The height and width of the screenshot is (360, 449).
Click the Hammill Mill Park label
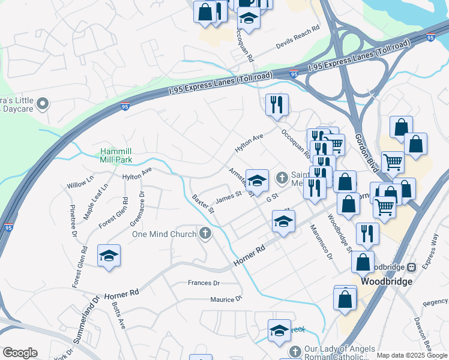pos(116,155)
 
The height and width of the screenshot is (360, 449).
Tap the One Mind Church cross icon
pos(205,233)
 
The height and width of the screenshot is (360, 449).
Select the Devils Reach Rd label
pos(298,37)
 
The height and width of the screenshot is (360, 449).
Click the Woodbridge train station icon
pos(412,266)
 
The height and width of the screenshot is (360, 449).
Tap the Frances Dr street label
pos(204,283)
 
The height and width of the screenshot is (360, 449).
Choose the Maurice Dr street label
pos(226,299)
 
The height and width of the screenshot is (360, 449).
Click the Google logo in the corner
pos(20,353)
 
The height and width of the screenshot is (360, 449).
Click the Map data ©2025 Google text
pos(412,355)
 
